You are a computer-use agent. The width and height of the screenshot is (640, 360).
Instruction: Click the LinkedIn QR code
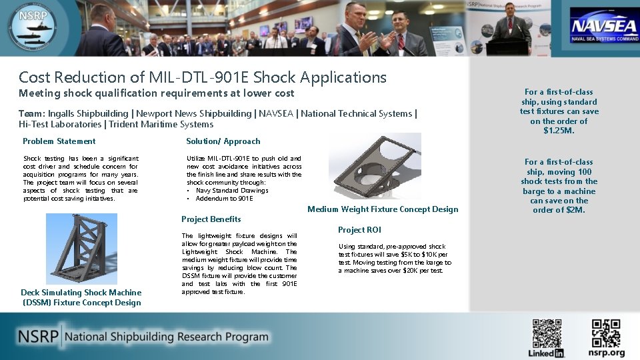coord(547,333)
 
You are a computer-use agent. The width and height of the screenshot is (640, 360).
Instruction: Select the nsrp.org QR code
coord(606,333)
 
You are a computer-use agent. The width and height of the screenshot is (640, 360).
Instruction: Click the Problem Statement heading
coord(59,141)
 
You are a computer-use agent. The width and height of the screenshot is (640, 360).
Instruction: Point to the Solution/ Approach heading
coord(223,141)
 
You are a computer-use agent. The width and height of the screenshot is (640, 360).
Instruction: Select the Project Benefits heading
coord(211,219)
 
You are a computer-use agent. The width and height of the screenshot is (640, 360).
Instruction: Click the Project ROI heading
coord(359,230)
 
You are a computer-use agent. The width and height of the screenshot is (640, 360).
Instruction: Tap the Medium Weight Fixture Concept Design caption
coord(383,209)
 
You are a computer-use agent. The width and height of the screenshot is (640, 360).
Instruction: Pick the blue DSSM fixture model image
coord(81,249)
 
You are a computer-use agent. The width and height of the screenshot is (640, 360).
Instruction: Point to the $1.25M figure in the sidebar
coord(559,131)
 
